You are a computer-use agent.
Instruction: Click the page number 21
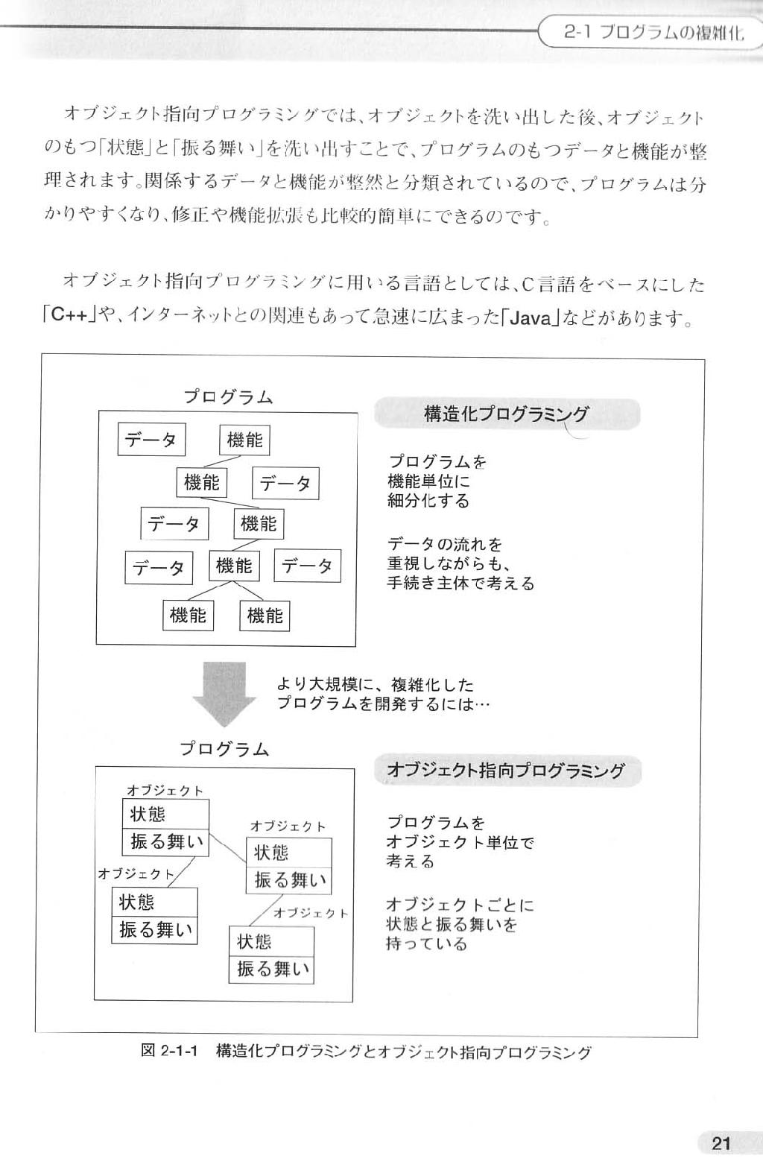pos(721,1142)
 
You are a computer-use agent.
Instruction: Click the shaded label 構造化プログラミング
pos(507,414)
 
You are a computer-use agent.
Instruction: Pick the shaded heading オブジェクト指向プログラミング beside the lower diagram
pos(507,770)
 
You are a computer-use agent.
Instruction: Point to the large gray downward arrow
pos(224,695)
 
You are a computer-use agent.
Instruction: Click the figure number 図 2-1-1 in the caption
pos(168,1051)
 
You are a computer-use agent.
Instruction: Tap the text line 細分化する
pos(428,501)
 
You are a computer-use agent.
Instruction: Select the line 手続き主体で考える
pos(460,582)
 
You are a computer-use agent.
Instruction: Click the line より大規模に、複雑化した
pos(375,684)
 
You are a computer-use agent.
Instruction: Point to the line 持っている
pos(425,943)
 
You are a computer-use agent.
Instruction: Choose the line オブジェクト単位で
pos(460,842)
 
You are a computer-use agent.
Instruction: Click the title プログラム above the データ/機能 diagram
pos(228,397)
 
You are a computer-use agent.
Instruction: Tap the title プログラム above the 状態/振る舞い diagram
pos(225,749)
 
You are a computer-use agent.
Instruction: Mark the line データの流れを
pos(445,544)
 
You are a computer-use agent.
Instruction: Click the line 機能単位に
pos(428,481)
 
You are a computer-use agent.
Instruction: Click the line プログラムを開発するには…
pos(383,704)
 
